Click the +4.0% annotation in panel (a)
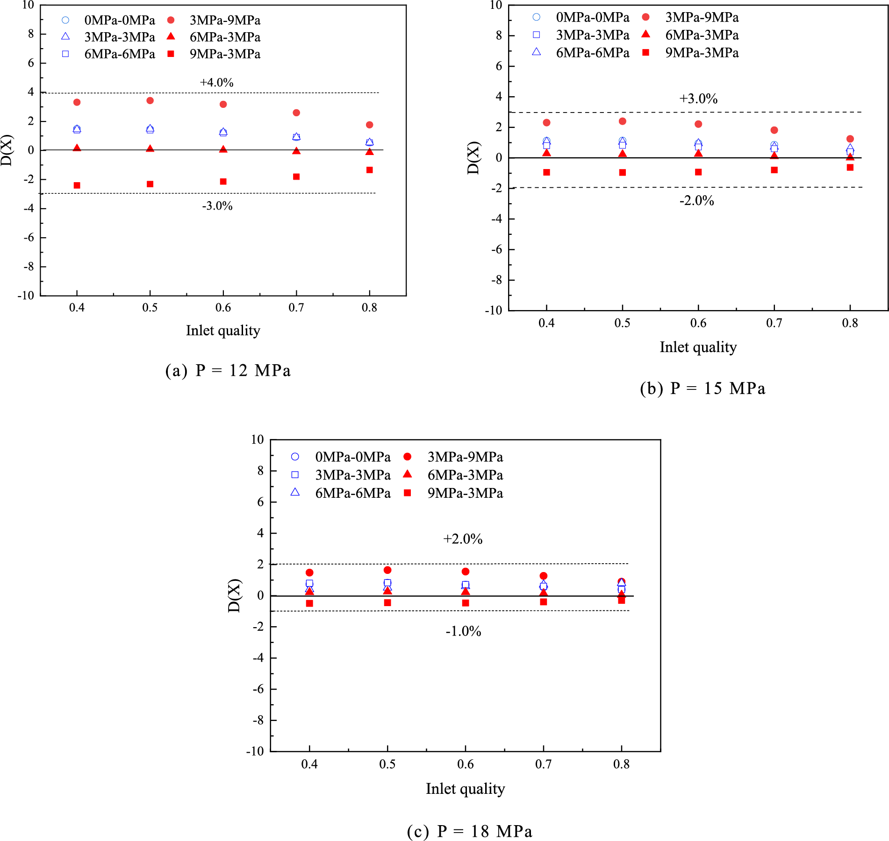point(216,83)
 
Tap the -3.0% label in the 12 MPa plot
point(217,206)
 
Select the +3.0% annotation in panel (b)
point(698,99)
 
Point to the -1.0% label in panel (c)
point(463,631)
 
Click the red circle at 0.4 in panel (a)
point(77,102)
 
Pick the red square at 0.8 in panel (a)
point(369,170)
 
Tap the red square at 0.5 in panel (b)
point(622,172)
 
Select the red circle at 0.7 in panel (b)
point(774,130)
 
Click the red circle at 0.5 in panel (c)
point(387,570)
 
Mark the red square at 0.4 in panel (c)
point(309,603)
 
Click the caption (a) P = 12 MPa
point(228,371)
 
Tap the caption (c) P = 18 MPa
point(469,831)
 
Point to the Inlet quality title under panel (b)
point(698,347)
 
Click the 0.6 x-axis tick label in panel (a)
point(223,308)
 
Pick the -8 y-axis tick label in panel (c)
point(258,720)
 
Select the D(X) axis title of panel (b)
point(473,158)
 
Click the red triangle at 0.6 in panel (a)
point(223,149)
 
